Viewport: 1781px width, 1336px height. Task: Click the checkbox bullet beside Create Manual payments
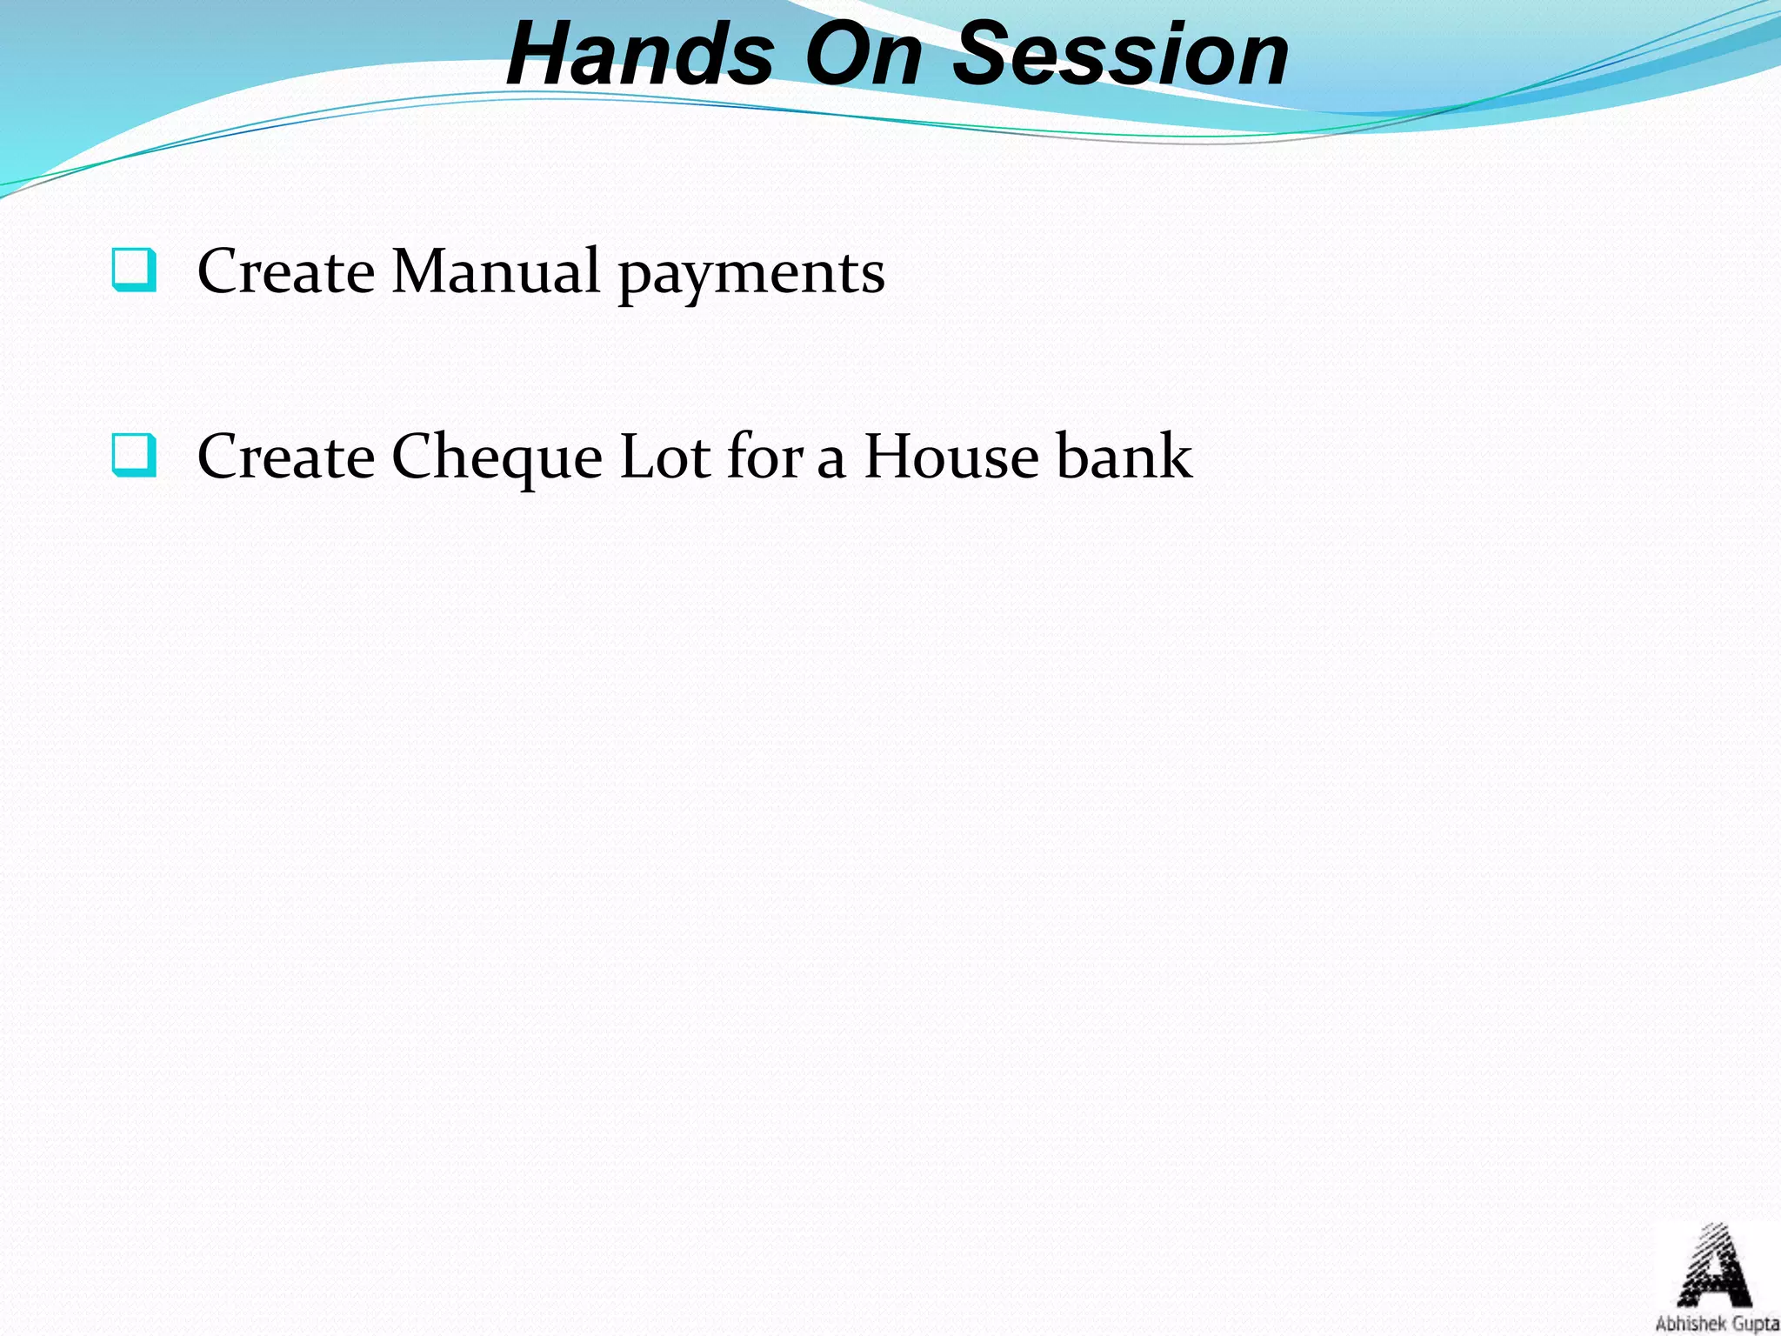pos(135,270)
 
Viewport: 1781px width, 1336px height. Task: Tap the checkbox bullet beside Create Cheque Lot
pos(135,455)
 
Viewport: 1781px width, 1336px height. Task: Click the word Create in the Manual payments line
pos(286,271)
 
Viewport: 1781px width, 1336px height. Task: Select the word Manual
pos(496,271)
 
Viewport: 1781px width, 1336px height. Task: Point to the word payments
pos(751,277)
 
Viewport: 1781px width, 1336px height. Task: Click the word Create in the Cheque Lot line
pos(286,457)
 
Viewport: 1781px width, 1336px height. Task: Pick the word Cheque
pos(497,459)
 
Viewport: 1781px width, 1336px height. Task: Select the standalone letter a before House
pos(831,461)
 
